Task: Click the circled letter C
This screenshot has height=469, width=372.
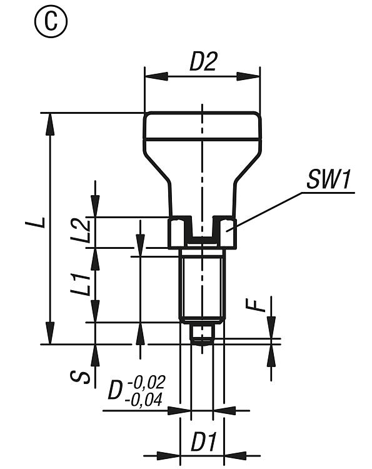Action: pyautogui.click(x=51, y=22)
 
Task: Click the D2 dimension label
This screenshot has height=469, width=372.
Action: pyautogui.click(x=203, y=62)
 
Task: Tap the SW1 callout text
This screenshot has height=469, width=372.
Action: pyautogui.click(x=328, y=179)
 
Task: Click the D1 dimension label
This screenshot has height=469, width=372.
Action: pyautogui.click(x=203, y=441)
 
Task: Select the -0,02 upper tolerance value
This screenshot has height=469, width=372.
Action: pyautogui.click(x=146, y=382)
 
